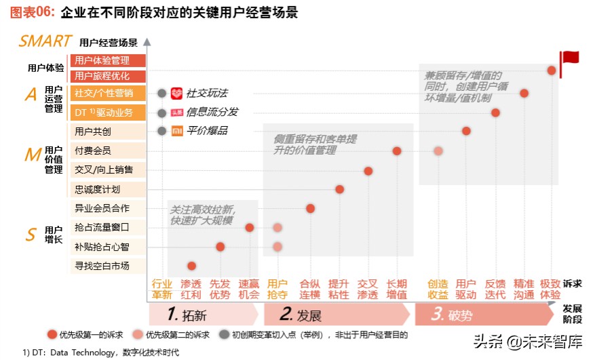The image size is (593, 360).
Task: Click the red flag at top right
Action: point(568,58)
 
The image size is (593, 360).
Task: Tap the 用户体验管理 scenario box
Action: point(107,61)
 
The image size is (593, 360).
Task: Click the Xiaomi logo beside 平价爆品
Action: point(176,131)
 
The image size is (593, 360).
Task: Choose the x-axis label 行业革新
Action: point(161,289)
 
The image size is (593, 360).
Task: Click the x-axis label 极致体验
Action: point(550,289)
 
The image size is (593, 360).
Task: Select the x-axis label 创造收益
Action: point(438,289)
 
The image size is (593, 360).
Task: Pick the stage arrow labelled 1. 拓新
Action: point(204,315)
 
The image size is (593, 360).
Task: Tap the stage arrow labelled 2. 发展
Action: point(336,315)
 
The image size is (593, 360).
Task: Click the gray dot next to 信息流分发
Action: point(161,113)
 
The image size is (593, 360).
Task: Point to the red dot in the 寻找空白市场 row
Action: point(191,266)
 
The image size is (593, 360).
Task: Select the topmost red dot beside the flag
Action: point(551,70)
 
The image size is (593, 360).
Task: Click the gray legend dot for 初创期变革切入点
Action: point(225,334)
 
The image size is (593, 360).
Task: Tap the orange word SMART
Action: point(45,41)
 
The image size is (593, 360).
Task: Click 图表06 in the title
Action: point(28,12)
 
